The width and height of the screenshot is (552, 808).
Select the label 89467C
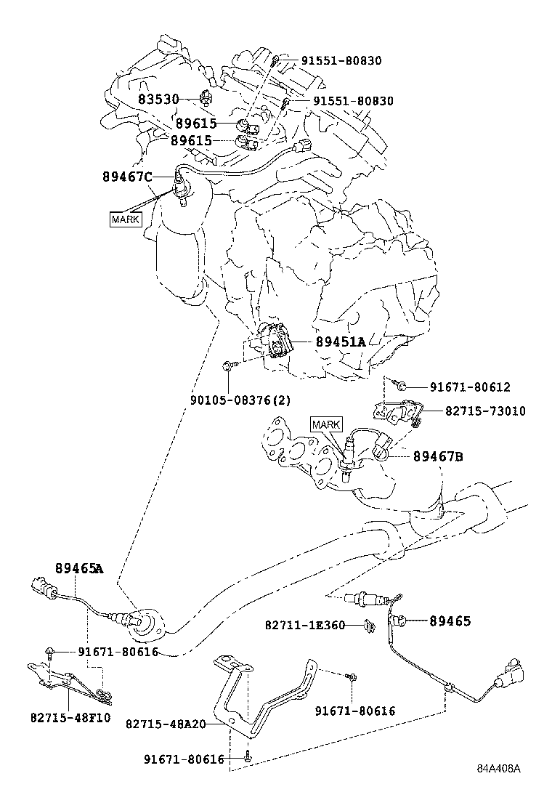coord(128,177)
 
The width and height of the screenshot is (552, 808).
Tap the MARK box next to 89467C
coord(124,219)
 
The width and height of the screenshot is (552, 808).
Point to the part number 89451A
coord(340,342)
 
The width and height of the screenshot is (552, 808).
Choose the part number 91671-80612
coord(470,387)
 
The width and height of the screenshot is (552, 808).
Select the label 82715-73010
coord(476,411)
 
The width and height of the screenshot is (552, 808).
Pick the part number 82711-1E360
coord(304,624)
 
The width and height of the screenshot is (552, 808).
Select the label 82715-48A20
coord(166,724)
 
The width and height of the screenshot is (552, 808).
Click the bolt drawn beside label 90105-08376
coord(229,368)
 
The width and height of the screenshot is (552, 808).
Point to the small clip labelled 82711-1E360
coord(370,623)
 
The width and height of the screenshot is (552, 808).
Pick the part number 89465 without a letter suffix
coord(450,621)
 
